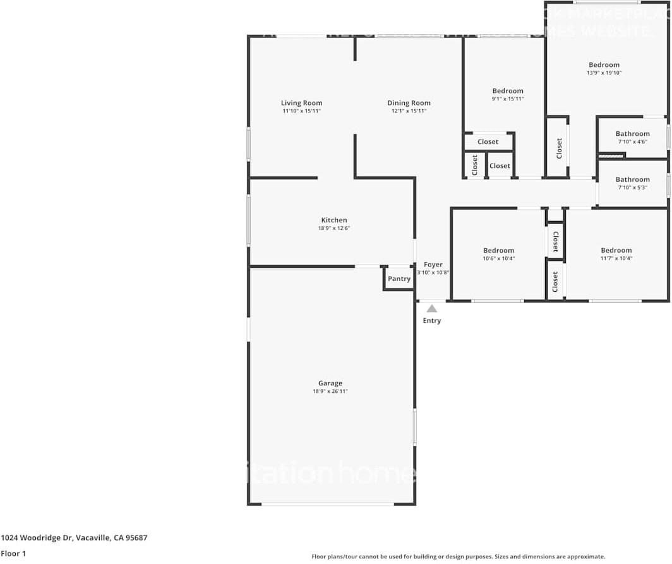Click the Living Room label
pyautogui.click(x=301, y=103)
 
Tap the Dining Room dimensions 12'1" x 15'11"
pyautogui.click(x=409, y=111)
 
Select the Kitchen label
pyautogui.click(x=334, y=220)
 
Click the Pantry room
pyautogui.click(x=399, y=279)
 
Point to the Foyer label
pyautogui.click(x=433, y=265)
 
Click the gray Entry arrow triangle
pyautogui.click(x=432, y=309)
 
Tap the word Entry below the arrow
pyautogui.click(x=432, y=320)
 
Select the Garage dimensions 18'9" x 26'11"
pyautogui.click(x=330, y=392)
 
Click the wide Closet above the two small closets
pyautogui.click(x=488, y=141)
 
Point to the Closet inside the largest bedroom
pyautogui.click(x=559, y=148)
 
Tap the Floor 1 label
pyautogui.click(x=13, y=554)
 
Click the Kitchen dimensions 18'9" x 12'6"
pyautogui.click(x=334, y=228)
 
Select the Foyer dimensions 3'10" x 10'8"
pyautogui.click(x=433, y=273)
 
